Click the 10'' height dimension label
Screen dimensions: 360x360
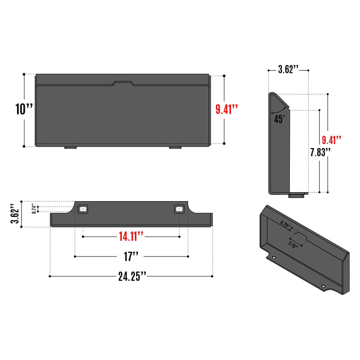pyautogui.click(x=24, y=109)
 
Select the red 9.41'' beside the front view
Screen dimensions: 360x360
pyautogui.click(x=226, y=109)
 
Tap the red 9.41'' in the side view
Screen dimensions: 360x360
pyautogui.click(x=332, y=140)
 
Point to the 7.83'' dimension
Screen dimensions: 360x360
pyautogui.click(x=320, y=152)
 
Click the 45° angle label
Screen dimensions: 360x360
pyautogui.click(x=279, y=119)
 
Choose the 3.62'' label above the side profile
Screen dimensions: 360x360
pyautogui.click(x=288, y=69)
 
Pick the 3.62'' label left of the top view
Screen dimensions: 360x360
pyautogui.click(x=15, y=215)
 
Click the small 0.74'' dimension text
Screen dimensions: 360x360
pyautogui.click(x=33, y=208)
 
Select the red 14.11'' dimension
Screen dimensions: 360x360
pyautogui.click(x=131, y=235)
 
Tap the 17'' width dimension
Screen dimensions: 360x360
pyautogui.click(x=131, y=256)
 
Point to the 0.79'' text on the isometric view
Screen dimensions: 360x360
pyautogui.click(x=285, y=224)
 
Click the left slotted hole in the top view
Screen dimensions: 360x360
pyautogui.click(x=83, y=209)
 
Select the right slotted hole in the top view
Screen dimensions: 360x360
pyautogui.click(x=180, y=209)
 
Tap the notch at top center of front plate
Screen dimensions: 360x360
pyautogui.click(x=123, y=83)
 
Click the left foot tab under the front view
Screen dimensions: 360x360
pyautogui.click(x=70, y=147)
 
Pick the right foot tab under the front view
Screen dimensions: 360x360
pyautogui.click(x=175, y=147)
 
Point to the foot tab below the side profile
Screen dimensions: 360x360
pyautogui.click(x=296, y=196)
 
